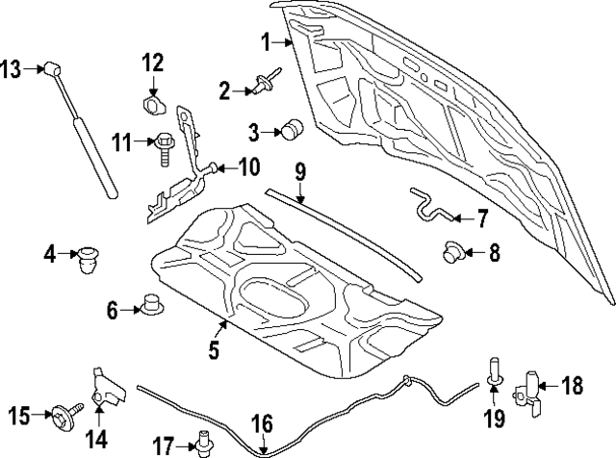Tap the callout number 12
154,64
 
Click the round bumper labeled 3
293,130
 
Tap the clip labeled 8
453,253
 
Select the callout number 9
300,173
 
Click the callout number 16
262,422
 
